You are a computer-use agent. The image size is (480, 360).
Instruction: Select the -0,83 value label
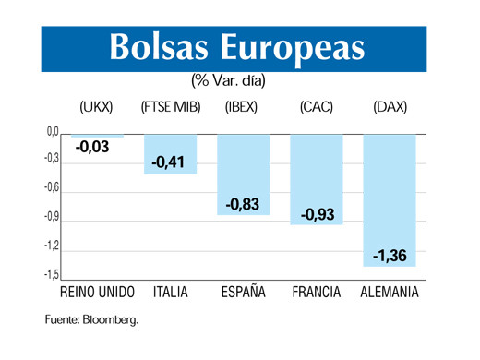coord(243,204)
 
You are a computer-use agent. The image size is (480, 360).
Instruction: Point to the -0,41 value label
coord(171,162)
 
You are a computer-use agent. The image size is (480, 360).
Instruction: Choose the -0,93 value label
coord(317,214)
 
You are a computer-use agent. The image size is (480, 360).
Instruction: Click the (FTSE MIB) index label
coord(171,108)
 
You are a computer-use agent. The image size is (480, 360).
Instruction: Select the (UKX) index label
coord(97,108)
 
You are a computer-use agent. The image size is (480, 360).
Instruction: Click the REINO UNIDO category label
coord(97,293)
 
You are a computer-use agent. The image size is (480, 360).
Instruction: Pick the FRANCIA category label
coord(317,293)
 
